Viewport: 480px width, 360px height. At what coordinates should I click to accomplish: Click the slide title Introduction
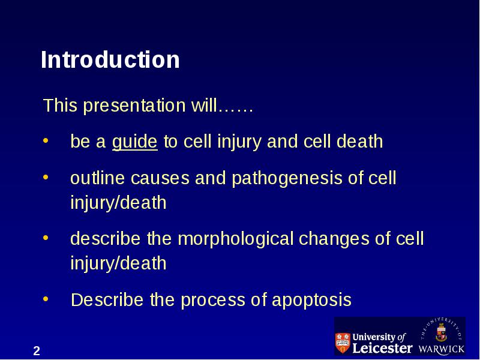coord(110,59)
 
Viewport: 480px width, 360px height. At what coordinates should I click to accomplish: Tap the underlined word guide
coord(134,142)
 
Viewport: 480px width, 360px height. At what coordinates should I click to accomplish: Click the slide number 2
coord(37,351)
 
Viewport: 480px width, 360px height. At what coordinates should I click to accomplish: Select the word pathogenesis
coord(287,179)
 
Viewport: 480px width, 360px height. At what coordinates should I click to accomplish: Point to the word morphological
coord(236,239)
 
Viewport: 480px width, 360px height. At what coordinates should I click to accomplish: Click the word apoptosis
coord(311,301)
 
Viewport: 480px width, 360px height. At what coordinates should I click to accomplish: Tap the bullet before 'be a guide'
coord(46,141)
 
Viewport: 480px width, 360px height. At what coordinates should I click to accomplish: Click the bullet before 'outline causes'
coord(46,177)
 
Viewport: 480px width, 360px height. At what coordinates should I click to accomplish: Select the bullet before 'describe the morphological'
coord(46,238)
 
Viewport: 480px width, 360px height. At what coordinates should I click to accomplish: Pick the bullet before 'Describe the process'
coord(46,299)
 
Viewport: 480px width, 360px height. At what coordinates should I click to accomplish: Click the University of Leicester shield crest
coord(343,343)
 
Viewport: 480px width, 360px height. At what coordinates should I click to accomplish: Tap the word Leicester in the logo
coord(382,348)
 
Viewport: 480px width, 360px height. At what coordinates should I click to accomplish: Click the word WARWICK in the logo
coord(441,349)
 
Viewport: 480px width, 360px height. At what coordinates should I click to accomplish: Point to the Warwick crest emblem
coord(441,332)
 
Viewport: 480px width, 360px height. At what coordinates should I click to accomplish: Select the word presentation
coord(134,106)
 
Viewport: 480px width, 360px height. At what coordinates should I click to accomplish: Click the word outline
coord(98,178)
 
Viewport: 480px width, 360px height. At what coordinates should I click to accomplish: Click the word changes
coord(334,239)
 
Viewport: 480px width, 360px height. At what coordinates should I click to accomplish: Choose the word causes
coord(160,179)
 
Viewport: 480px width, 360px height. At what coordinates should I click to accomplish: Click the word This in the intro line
coord(61,106)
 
